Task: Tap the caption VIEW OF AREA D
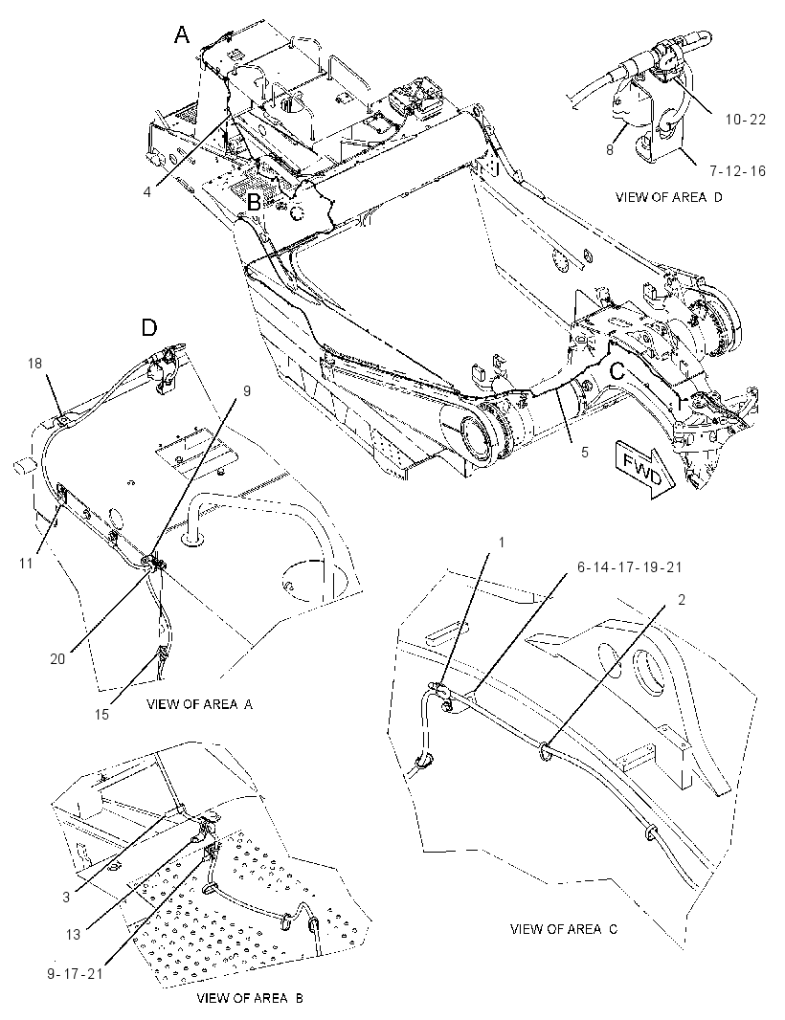coord(668,197)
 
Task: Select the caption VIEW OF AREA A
coord(199,703)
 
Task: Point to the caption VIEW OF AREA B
coord(249,998)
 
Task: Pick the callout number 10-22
coord(745,119)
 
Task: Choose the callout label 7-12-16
coord(737,171)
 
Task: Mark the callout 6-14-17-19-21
coord(629,567)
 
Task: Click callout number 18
coord(34,363)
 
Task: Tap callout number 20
coord(58,659)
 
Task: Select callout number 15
coord(102,714)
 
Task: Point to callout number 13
coord(73,935)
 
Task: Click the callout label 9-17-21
coord(76,974)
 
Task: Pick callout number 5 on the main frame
coord(584,451)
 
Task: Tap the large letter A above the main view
coord(182,34)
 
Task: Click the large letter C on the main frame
coord(617,371)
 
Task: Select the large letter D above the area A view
coord(149,327)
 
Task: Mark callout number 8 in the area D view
coord(610,149)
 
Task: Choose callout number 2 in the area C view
coord(682,600)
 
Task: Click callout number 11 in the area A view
coord(26,564)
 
